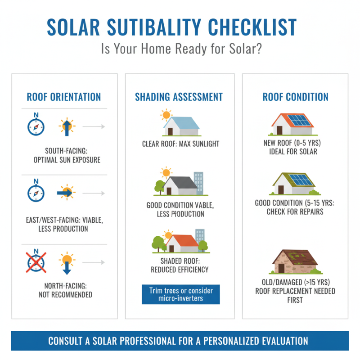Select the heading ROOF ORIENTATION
tap(64, 97)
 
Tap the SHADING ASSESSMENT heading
tap(179, 97)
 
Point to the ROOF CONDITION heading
tap(295, 97)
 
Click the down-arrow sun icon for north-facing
tap(67, 263)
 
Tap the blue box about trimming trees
tap(181, 294)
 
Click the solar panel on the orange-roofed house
tap(299, 121)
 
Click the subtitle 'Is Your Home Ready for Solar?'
tap(180, 49)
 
